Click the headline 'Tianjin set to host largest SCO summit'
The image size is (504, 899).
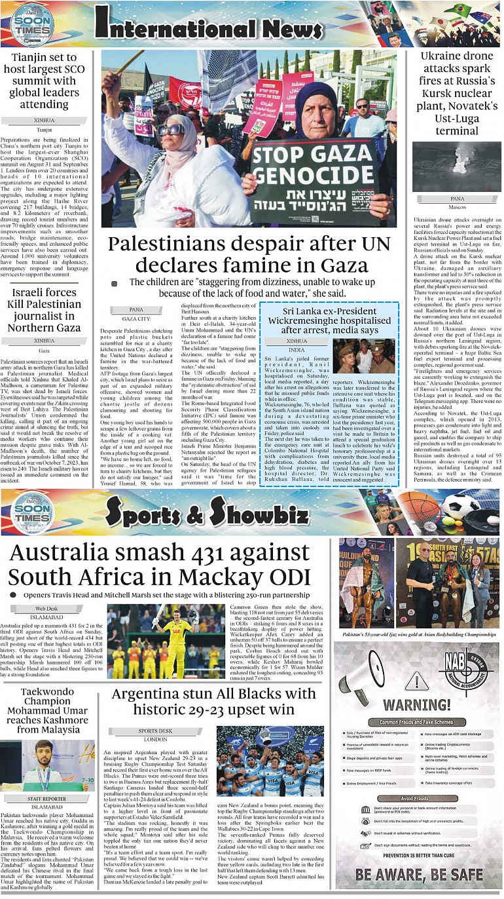click(x=45, y=81)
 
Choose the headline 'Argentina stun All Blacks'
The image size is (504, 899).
click(x=213, y=701)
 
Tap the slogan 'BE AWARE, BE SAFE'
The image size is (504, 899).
click(x=419, y=874)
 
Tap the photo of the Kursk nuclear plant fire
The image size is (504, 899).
click(x=457, y=166)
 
